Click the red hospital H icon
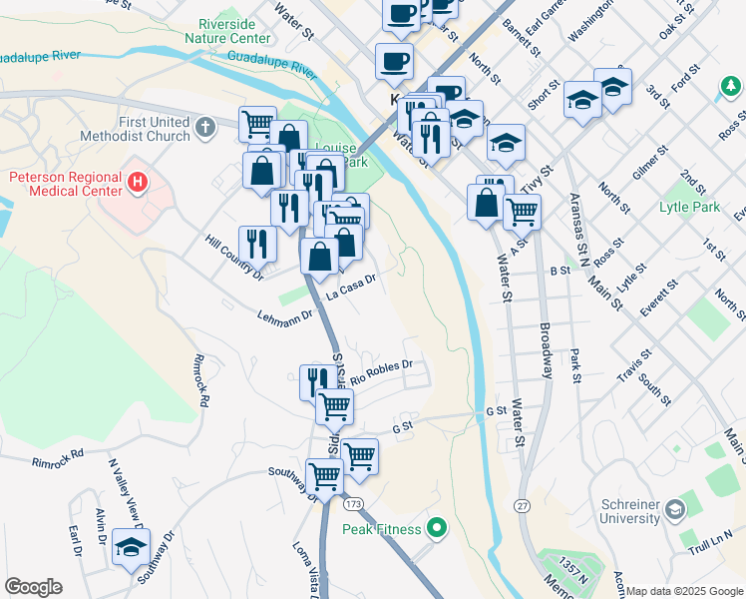click(x=138, y=183)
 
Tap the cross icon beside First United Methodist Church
click(x=205, y=127)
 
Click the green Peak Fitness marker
click(x=436, y=527)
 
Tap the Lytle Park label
click(x=689, y=208)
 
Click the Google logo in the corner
click(x=33, y=587)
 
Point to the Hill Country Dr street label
click(x=233, y=257)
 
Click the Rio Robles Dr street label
click(x=380, y=370)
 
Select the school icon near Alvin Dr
click(x=131, y=548)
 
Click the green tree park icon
click(x=732, y=88)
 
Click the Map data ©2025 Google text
click(x=684, y=591)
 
